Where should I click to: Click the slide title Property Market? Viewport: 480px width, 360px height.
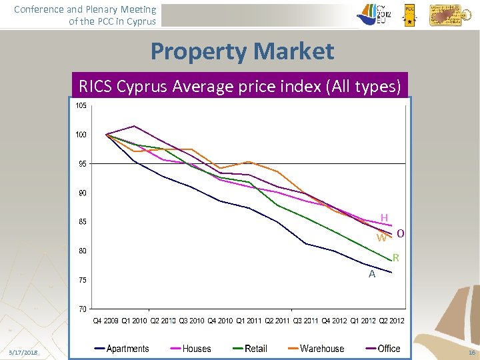click(x=242, y=51)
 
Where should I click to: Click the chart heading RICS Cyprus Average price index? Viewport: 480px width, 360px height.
click(x=239, y=86)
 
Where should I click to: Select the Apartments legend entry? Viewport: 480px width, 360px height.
click(x=121, y=348)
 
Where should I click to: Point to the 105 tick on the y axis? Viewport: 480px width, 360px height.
click(x=80, y=106)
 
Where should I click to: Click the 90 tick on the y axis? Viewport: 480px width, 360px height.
click(x=81, y=193)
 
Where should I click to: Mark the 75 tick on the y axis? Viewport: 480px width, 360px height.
click(x=81, y=280)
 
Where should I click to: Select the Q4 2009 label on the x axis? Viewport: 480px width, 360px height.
click(x=105, y=321)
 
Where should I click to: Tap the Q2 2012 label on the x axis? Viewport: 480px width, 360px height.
click(x=391, y=321)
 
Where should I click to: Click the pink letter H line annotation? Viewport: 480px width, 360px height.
click(x=384, y=217)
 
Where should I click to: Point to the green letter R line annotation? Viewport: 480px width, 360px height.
click(x=395, y=257)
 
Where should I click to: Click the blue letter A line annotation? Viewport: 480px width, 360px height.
click(x=372, y=273)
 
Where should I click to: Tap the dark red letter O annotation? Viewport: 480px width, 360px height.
click(x=401, y=233)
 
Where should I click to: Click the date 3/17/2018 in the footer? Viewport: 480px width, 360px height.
click(x=23, y=351)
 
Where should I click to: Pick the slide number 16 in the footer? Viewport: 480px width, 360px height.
click(x=471, y=351)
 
